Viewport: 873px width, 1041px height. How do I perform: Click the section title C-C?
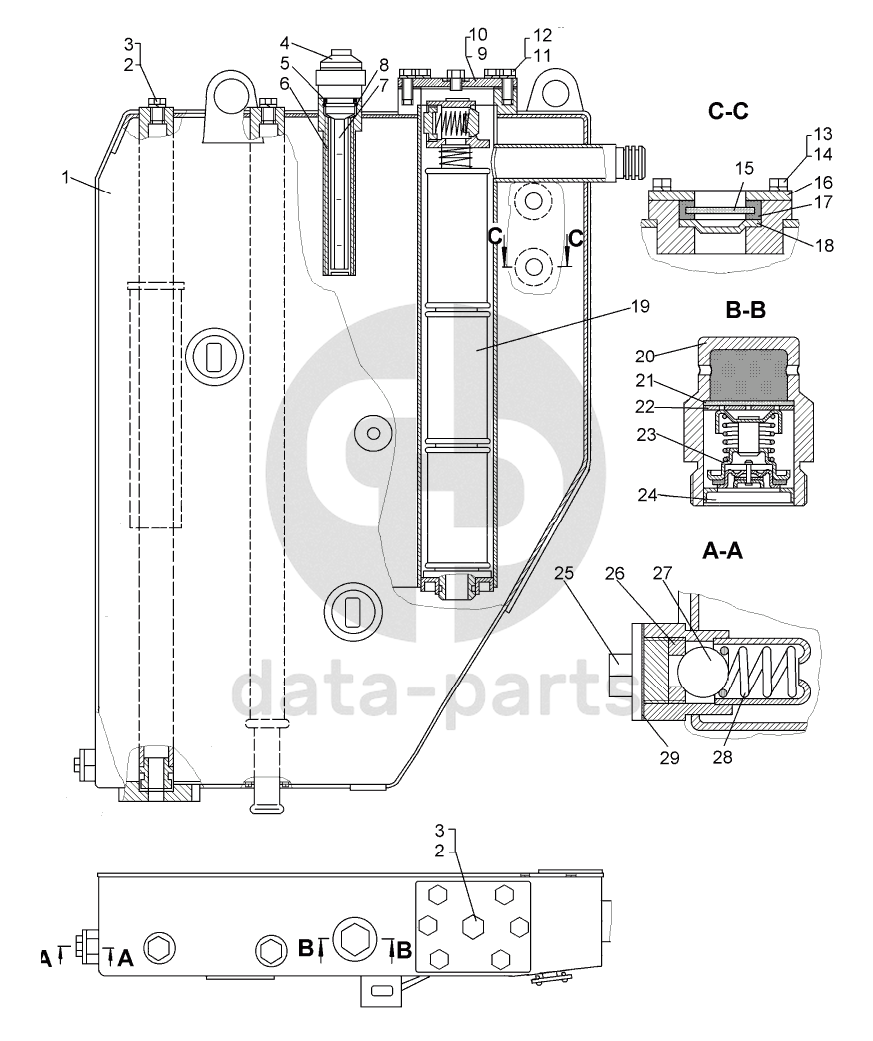tap(728, 111)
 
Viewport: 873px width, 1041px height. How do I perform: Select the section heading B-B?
tap(745, 310)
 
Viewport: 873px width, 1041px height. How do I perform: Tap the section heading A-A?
tap(722, 551)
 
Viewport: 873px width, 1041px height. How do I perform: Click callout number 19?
tap(640, 306)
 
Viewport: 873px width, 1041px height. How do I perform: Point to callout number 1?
tap(65, 177)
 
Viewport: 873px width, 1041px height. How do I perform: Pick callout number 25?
tap(564, 572)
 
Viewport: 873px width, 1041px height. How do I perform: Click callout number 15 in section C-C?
tap(744, 169)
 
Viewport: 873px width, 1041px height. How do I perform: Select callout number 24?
tap(648, 495)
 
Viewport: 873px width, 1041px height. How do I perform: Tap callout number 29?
tap(669, 758)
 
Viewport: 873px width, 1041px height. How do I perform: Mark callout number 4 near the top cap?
tap(284, 44)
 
